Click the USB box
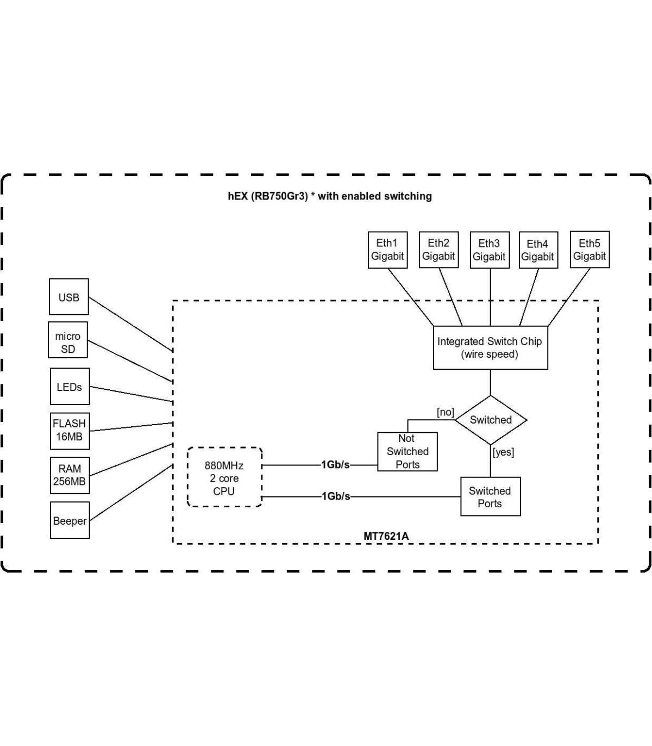coord(69,297)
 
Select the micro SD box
coord(68,341)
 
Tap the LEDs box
coord(70,387)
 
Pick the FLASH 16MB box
coord(70,430)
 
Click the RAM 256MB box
coord(70,475)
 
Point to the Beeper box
coord(70,520)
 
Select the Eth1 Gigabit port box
coord(387,250)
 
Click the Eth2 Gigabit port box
coord(438,250)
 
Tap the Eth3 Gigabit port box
coord(489,250)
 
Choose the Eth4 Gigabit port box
coord(537,251)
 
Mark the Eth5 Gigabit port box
coord(590,250)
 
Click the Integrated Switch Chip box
coord(490,347)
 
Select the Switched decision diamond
coord(491,420)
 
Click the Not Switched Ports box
coord(407,451)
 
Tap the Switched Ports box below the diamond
coord(490,496)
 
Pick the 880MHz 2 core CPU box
coord(224,478)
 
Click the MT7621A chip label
coord(386,536)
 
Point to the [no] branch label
coord(446,412)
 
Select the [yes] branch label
coord(503,452)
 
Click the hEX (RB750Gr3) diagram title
coord(329,196)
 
